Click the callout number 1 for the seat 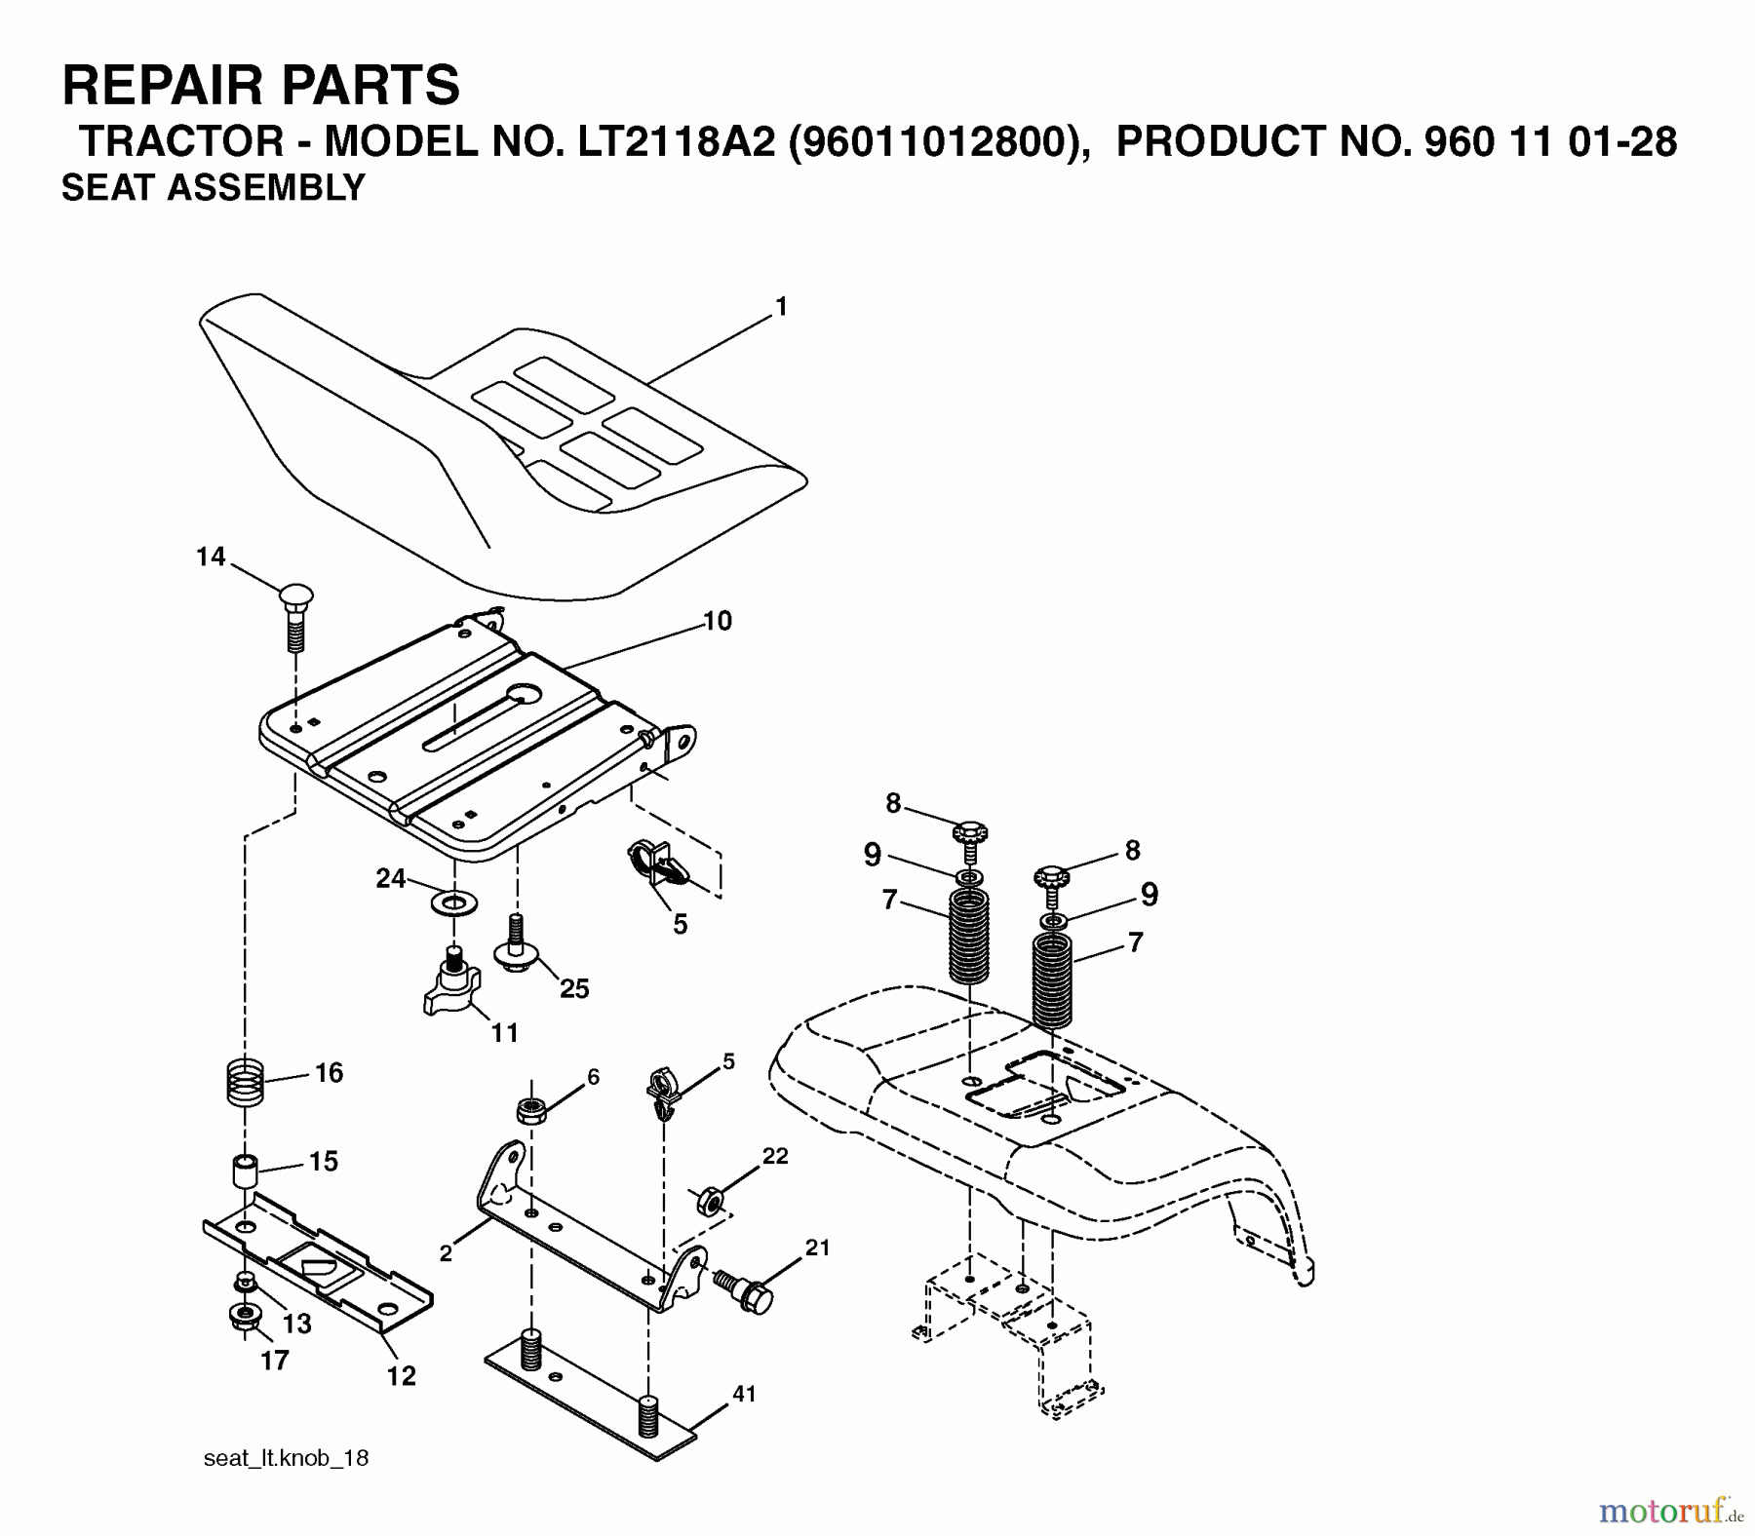click(x=780, y=307)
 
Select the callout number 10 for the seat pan click(x=717, y=621)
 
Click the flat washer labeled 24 click(x=453, y=901)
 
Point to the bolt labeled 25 click(x=516, y=945)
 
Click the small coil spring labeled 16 click(x=246, y=1082)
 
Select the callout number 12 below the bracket click(x=401, y=1375)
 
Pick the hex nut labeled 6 click(x=530, y=1110)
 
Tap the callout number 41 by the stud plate click(x=744, y=1395)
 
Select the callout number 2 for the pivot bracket click(x=446, y=1254)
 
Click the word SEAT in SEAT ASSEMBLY click(x=109, y=187)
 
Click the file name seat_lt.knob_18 click(x=286, y=1458)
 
